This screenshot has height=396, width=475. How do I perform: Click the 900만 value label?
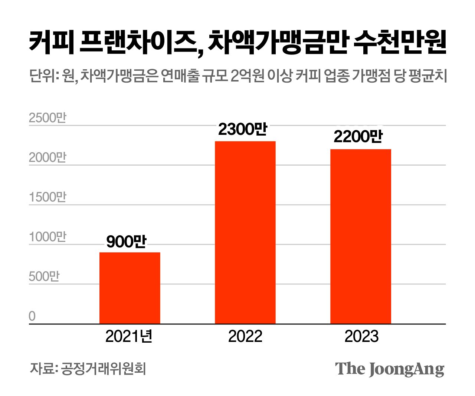[126, 242]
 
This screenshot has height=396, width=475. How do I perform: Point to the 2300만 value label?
[242, 129]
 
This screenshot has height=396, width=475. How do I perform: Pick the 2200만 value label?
[358, 137]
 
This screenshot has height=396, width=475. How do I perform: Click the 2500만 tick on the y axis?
[47, 118]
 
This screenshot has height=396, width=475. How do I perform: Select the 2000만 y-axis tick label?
[47, 158]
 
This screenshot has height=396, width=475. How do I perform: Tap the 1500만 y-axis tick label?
[47, 197]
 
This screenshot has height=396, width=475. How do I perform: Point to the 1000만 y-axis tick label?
[47, 237]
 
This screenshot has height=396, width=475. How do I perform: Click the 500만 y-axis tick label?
[44, 277]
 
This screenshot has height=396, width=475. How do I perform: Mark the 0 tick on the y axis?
[32, 316]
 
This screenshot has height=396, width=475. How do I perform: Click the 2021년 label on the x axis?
[129, 336]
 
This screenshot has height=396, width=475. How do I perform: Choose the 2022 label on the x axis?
[245, 336]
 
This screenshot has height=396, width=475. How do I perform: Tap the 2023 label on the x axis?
[361, 336]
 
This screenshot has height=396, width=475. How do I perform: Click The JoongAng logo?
[389, 369]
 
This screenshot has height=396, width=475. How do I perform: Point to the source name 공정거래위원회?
[104, 369]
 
